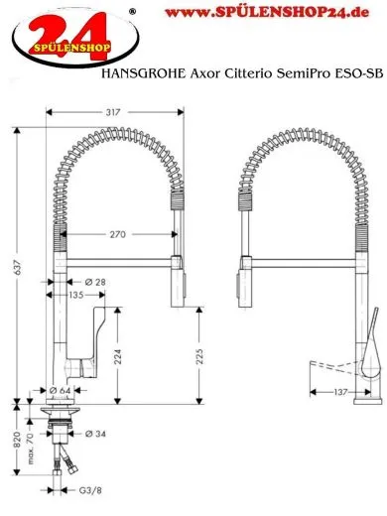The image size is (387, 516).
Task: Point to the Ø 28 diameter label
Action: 96,283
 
